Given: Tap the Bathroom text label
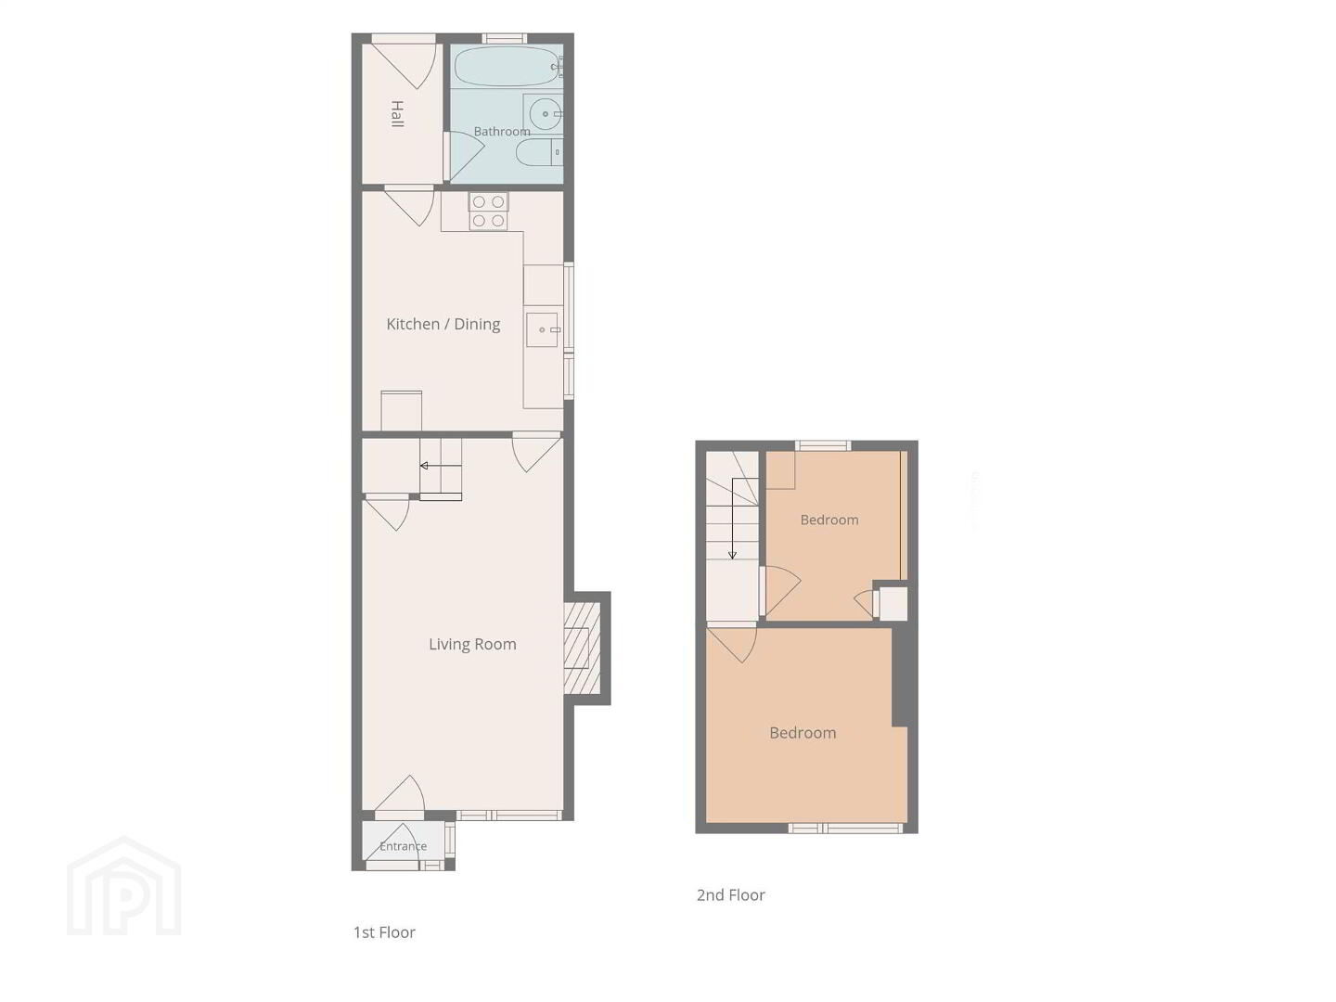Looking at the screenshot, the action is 502,132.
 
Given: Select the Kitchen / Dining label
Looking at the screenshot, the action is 443,324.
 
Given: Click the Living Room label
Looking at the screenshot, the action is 472,644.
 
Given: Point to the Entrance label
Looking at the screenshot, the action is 403,845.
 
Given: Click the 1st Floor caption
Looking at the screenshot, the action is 384,932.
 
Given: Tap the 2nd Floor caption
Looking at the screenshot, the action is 730,895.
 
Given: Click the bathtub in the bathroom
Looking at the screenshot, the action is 507,66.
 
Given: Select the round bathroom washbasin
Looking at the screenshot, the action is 544,114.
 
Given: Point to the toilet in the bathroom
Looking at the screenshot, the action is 540,151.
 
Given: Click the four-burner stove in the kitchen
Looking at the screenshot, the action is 488,212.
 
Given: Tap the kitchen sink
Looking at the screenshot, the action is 543,329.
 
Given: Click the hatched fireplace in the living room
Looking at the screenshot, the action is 583,648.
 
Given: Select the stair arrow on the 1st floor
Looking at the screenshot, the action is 441,466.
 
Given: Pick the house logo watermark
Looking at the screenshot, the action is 124,886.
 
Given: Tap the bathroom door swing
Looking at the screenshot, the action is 464,156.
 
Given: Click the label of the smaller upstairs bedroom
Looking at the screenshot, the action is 829,520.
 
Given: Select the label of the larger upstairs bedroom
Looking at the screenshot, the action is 803,733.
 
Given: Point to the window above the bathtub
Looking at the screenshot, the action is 505,38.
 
